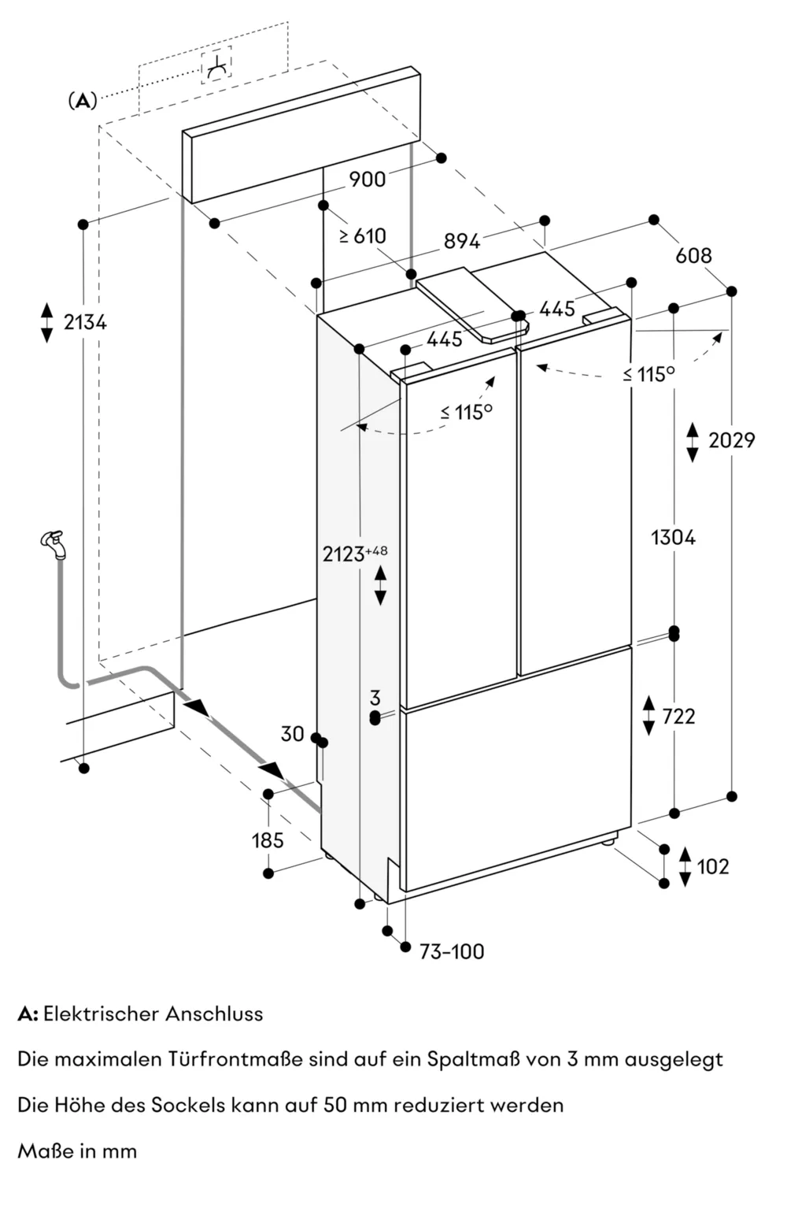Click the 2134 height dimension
[x=85, y=321]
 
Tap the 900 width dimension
[x=368, y=180]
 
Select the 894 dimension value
[x=462, y=241]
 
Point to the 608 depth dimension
[x=693, y=255]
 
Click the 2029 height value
[x=731, y=440]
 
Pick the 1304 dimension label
[x=674, y=538]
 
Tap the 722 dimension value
[x=678, y=716]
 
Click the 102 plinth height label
[x=713, y=866]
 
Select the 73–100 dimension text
[x=452, y=951]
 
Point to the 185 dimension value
[x=268, y=840]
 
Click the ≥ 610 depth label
[x=363, y=235]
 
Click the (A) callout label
[x=83, y=101]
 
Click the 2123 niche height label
[x=344, y=554]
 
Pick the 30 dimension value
[x=292, y=734]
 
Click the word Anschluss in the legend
[x=214, y=1014]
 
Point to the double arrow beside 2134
[x=47, y=321]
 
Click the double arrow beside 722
[x=648, y=716]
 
